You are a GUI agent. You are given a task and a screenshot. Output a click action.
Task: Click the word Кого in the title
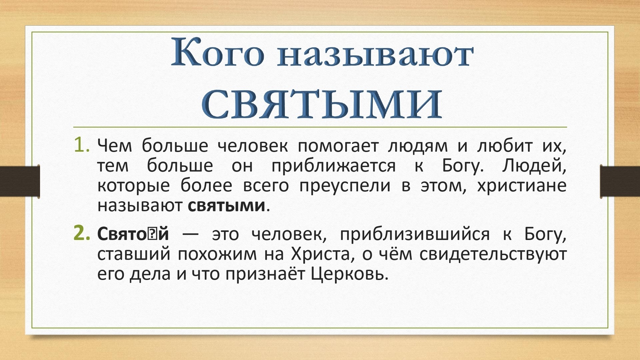(218, 52)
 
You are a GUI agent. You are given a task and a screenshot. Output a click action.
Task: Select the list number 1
(82, 145)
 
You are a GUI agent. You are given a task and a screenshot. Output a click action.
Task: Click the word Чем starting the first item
(115, 146)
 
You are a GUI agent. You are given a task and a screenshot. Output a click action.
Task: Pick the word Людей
(534, 166)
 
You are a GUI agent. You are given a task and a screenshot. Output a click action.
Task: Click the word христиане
(522, 186)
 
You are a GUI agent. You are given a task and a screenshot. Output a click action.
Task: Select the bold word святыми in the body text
(227, 206)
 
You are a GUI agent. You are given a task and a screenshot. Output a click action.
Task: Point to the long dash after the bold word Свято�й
(190, 234)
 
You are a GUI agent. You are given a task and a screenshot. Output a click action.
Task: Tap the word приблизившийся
(415, 234)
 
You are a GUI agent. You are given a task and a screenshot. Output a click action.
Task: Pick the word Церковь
(349, 274)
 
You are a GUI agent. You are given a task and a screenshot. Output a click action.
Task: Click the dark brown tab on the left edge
(20, 181)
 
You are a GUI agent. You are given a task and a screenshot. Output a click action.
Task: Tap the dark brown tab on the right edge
(620, 181)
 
